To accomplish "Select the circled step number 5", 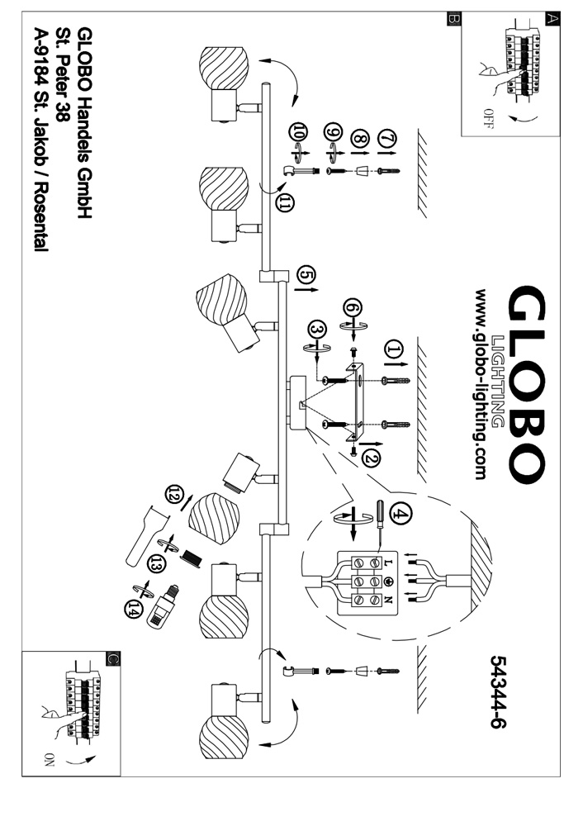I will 305,275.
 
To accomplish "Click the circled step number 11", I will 286,204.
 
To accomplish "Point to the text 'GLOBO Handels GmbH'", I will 83,123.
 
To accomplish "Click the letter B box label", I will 452,18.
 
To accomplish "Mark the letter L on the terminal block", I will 389,561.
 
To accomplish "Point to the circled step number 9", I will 333,135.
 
